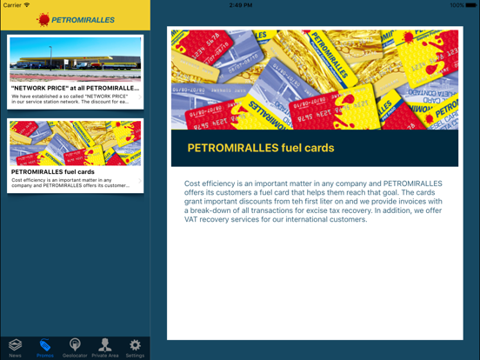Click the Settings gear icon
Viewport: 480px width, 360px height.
click(x=135, y=345)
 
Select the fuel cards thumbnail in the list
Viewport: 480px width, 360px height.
click(x=75, y=143)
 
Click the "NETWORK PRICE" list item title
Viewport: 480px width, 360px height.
click(x=75, y=88)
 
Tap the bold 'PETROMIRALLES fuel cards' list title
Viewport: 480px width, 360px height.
click(x=53, y=172)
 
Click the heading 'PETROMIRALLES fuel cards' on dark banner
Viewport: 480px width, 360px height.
click(x=261, y=148)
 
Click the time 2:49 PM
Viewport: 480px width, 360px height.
click(x=240, y=4)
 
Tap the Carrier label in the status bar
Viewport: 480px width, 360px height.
click(x=12, y=4)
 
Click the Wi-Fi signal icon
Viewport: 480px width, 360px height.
click(x=28, y=4)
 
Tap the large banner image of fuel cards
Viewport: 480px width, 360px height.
click(x=314, y=80)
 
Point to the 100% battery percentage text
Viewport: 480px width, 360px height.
click(x=457, y=4)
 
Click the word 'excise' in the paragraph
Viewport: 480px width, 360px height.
click(x=370, y=210)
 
